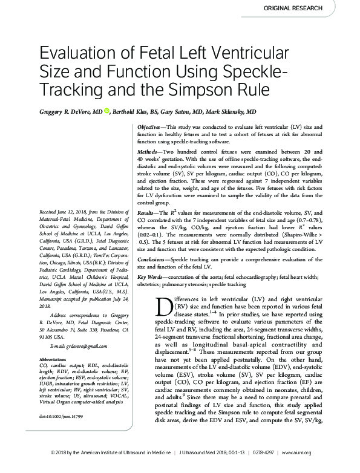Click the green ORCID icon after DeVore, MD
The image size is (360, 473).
point(107,112)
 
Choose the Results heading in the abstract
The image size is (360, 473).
point(146,214)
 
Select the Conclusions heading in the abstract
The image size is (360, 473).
point(151,258)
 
